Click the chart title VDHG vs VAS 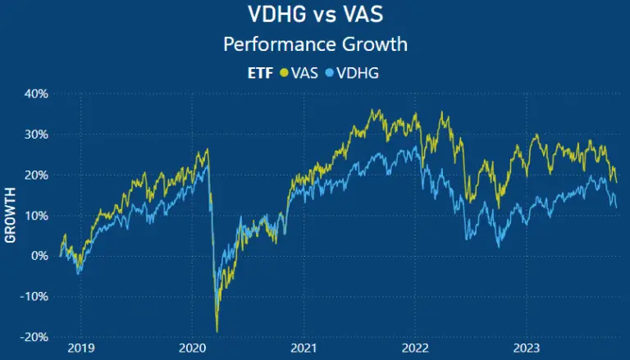pos(315,15)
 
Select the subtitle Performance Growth pos(315,43)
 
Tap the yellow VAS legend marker pos(285,72)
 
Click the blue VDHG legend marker pos(331,72)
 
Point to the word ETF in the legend pos(262,72)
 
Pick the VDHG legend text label pos(358,72)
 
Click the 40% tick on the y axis pos(35,93)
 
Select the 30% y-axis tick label pos(35,134)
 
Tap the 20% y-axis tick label pos(35,175)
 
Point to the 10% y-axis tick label pos(35,215)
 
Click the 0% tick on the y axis pos(39,256)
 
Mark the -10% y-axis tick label pos(34,296)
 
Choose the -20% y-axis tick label pos(34,336)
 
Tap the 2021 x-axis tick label pos(304,348)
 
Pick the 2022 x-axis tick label pos(415,348)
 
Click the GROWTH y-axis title pos(11,215)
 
